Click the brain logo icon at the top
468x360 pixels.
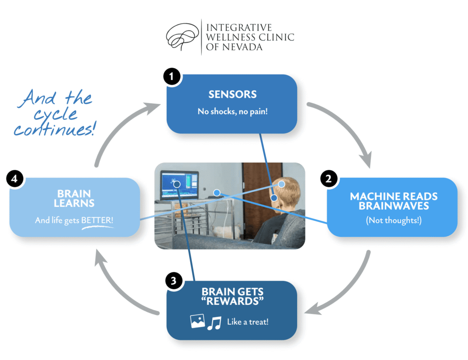[182, 36]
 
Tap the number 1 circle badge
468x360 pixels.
[171, 77]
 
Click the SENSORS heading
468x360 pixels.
[232, 95]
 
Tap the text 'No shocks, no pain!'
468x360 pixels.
[232, 111]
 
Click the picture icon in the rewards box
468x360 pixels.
[197, 321]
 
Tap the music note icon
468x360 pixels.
[213, 323]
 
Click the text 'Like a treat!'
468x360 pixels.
[248, 322]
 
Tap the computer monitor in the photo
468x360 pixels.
[179, 185]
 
